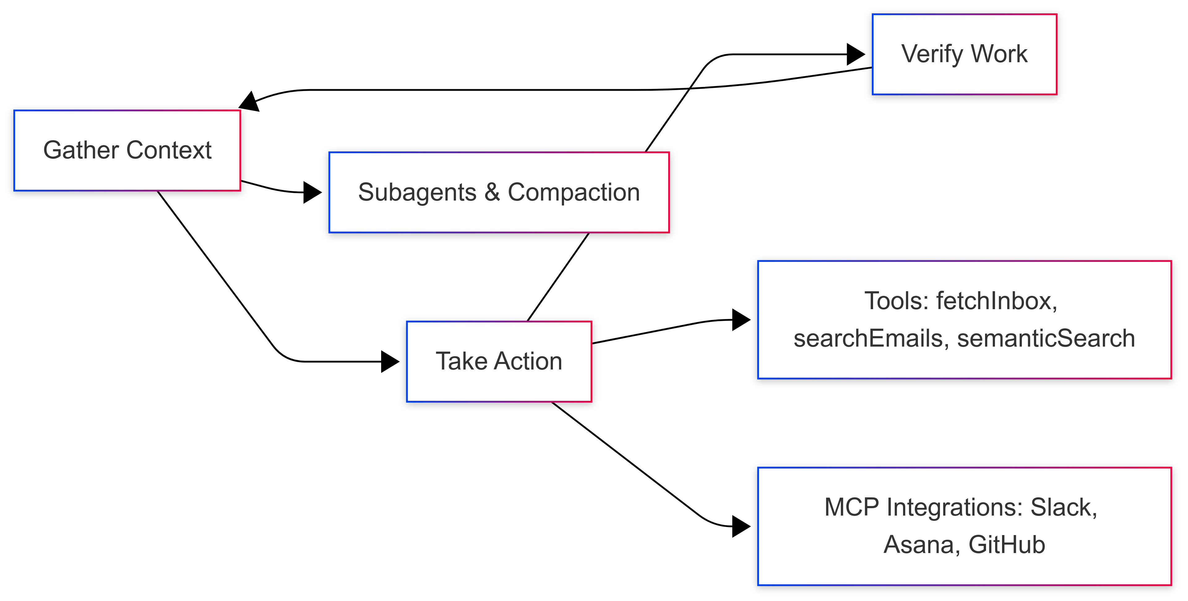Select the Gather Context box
127,150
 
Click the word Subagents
417,192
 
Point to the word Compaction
573,192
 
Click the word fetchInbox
996,301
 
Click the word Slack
1063,507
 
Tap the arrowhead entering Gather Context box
249,102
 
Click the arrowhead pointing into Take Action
390,361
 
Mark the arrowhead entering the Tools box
741,320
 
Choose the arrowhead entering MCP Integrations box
741,526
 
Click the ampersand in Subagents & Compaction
492,192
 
